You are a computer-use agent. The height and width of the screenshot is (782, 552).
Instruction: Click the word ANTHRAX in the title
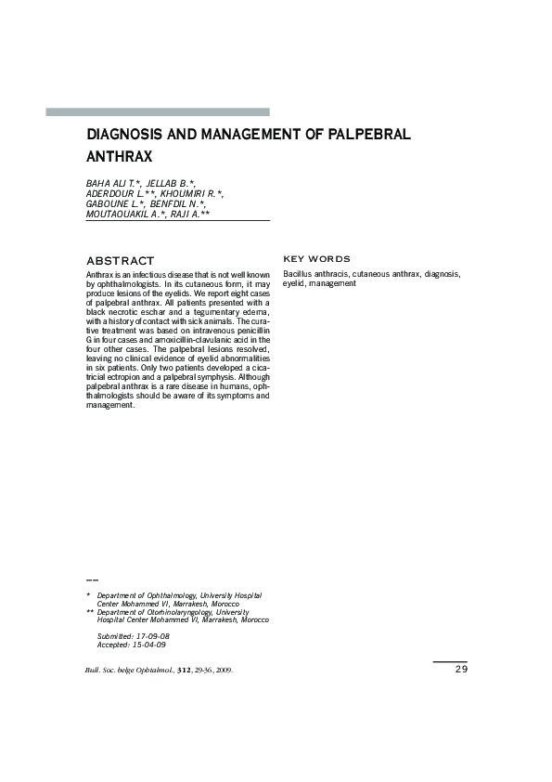119,157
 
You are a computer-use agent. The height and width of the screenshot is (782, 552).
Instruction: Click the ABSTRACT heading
120,261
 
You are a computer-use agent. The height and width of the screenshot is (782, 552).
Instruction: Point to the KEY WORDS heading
316,258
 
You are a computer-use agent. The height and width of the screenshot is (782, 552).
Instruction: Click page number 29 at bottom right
461,669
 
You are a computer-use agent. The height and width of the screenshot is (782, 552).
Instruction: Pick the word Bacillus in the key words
298,275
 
